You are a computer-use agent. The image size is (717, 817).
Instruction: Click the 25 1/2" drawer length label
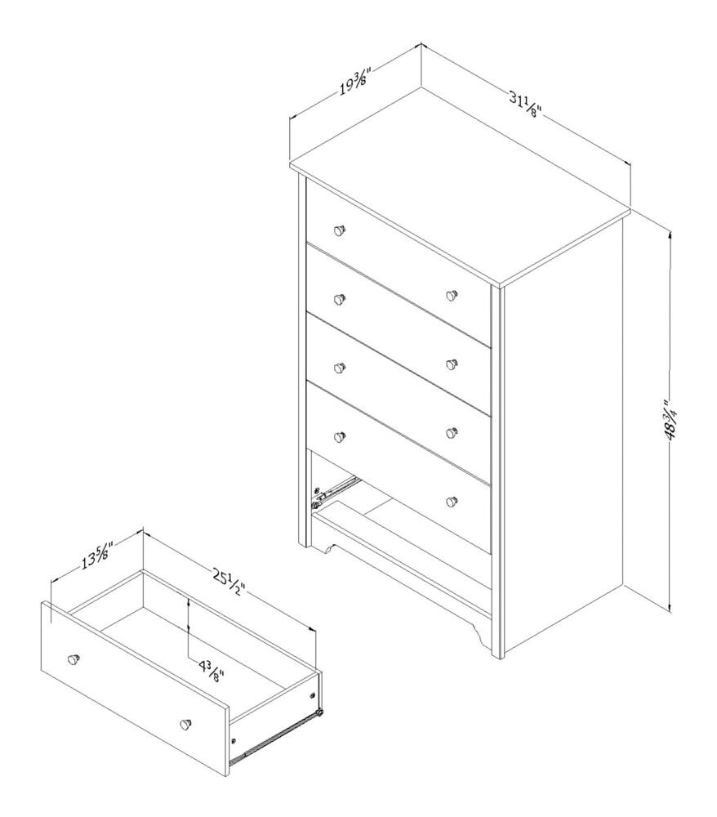(x=228, y=582)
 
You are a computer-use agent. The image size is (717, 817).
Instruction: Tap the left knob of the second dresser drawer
(x=340, y=299)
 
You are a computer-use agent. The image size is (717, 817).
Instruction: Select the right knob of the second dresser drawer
(x=452, y=296)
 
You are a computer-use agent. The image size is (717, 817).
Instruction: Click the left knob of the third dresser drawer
(x=340, y=368)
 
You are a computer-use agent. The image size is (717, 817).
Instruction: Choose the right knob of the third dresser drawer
(x=452, y=364)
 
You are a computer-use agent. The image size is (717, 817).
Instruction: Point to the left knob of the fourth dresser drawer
(x=340, y=436)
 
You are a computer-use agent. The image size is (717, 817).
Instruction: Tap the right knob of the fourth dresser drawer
(x=452, y=432)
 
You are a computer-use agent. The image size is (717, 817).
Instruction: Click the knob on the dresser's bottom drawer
(x=452, y=502)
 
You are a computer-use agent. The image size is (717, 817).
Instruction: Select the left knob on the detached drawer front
(x=74, y=659)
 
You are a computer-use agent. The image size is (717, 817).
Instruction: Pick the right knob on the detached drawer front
(x=185, y=724)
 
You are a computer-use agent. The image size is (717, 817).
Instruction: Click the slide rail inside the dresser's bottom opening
(x=334, y=490)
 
